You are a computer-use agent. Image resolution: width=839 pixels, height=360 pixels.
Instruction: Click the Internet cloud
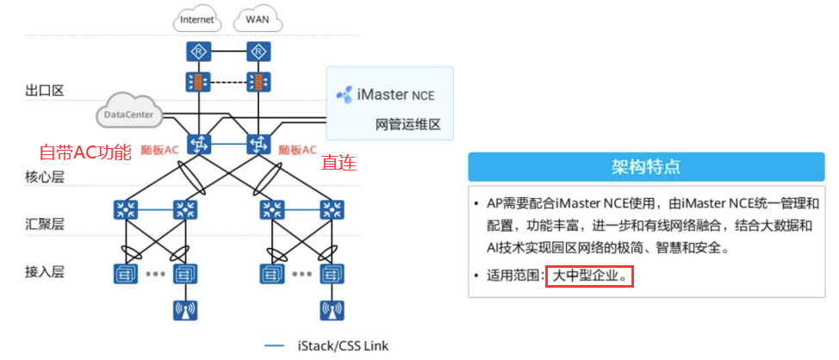(199, 18)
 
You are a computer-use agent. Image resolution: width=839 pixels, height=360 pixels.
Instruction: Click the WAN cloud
(256, 18)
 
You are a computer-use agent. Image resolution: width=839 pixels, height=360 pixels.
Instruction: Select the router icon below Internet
(199, 53)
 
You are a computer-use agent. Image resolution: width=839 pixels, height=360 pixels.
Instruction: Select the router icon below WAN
(256, 53)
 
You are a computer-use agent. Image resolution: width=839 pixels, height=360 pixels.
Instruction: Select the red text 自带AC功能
(85, 152)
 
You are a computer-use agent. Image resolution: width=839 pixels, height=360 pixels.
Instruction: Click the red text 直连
(339, 162)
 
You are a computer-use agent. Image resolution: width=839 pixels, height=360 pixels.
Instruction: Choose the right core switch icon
(256, 144)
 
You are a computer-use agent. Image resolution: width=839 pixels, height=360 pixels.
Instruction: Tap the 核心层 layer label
(45, 177)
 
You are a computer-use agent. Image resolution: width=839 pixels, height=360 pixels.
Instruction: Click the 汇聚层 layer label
(45, 224)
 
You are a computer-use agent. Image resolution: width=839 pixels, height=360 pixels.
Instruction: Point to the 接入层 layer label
(45, 272)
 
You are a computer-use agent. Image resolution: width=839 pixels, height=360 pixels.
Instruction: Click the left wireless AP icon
(183, 311)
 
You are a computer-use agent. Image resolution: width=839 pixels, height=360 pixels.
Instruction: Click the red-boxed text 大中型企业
(590, 277)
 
